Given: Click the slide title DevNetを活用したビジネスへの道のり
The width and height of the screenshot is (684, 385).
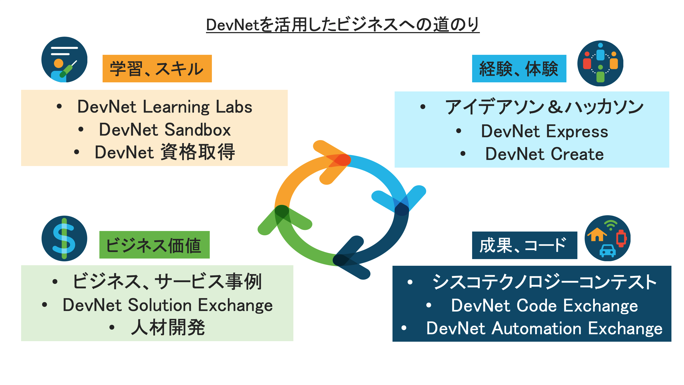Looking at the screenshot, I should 343,25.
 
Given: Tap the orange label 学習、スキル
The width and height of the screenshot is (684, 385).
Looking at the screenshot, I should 157,69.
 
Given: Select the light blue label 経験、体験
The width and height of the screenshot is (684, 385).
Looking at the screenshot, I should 519,69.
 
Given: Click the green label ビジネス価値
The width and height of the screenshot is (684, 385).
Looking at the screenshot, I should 154,245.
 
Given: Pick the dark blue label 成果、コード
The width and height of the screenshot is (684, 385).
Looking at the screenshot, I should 524,245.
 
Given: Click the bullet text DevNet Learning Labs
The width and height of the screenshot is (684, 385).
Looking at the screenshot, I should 165,107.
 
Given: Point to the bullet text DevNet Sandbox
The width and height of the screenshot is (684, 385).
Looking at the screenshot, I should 165,130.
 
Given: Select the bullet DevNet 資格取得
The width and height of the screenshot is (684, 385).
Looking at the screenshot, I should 165,152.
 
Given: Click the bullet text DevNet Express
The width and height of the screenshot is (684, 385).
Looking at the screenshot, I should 545,131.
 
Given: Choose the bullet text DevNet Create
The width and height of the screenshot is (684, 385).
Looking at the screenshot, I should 545,154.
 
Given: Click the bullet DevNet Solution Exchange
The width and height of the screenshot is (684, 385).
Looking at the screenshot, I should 168,305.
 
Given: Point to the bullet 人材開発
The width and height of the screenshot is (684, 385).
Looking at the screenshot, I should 168,328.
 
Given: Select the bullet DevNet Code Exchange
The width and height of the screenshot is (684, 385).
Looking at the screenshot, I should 545,305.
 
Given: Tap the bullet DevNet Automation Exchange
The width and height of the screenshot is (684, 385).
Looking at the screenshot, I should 545,328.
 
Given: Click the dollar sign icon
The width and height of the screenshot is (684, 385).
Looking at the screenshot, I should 64,238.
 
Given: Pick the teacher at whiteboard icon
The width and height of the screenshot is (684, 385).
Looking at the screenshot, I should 64,60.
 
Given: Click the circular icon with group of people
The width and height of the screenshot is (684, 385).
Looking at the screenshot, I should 600,63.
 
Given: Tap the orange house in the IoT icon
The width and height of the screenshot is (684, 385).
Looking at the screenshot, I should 597,234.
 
